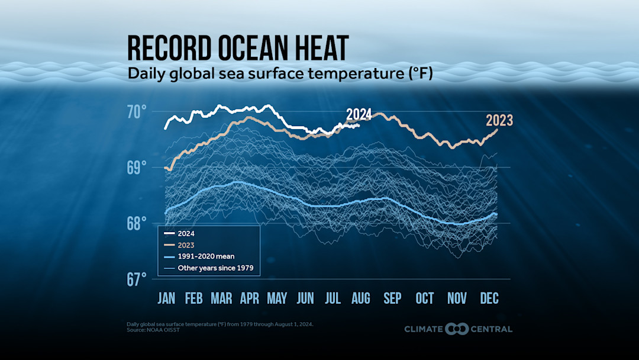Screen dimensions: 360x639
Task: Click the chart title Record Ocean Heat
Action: click(x=238, y=49)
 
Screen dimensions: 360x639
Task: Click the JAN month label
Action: click(x=166, y=298)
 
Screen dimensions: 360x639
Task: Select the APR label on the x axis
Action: click(x=249, y=298)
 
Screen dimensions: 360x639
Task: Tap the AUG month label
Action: click(x=361, y=298)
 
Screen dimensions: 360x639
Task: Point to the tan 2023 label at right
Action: click(x=499, y=121)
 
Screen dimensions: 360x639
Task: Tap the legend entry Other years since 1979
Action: click(x=220, y=268)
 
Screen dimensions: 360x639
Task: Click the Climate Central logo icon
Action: click(x=457, y=329)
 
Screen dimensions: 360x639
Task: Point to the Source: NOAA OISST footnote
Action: click(x=153, y=330)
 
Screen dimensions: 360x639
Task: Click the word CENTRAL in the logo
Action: click(x=492, y=329)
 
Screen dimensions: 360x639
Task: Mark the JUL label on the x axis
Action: click(x=333, y=298)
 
